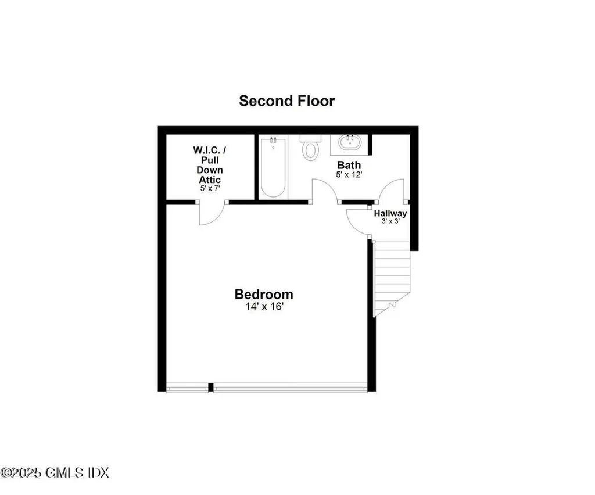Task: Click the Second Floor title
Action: tap(286, 101)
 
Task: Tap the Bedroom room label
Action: tap(263, 294)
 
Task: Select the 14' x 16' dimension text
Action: tap(263, 307)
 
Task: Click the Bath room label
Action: tap(349, 165)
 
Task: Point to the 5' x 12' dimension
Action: tap(349, 174)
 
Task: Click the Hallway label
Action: tap(390, 213)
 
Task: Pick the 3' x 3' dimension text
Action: tap(390, 221)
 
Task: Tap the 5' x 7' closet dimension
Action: tap(210, 189)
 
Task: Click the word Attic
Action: tap(210, 180)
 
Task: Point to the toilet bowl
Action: tap(311, 150)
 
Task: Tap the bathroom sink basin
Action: tap(350, 144)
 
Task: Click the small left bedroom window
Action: tap(187, 388)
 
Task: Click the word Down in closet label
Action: tap(210, 170)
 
